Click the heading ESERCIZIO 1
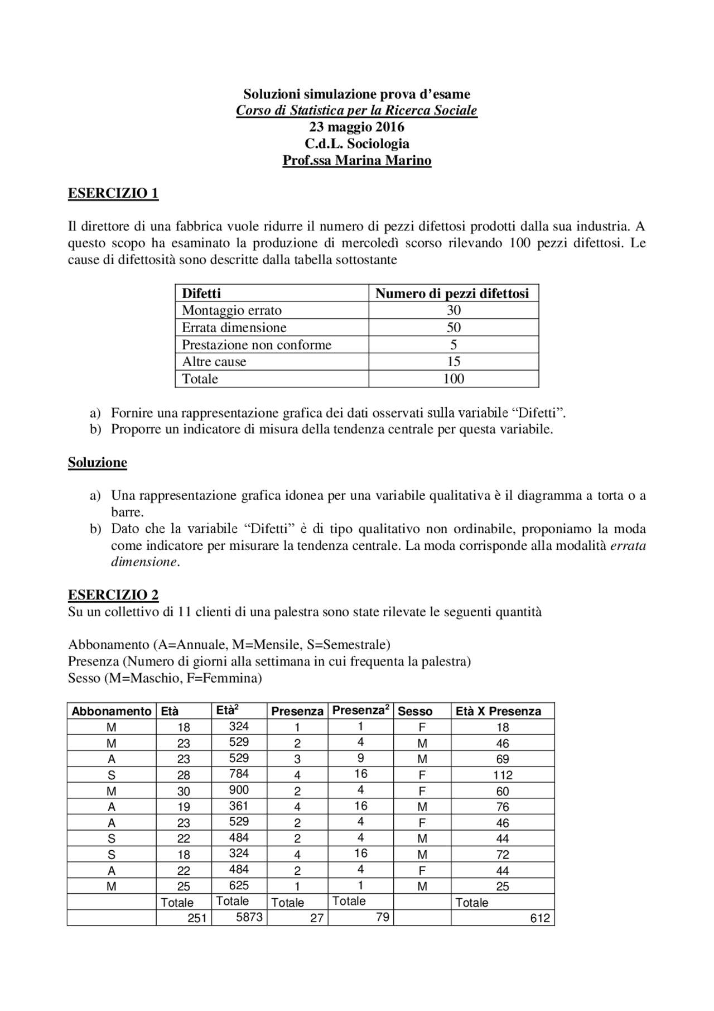113,193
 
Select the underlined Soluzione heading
98,462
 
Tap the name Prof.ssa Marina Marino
356,161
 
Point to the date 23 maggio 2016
356,127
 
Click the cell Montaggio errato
231,310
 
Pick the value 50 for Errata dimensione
454,327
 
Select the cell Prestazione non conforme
257,344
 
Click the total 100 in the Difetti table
454,379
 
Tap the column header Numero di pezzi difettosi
452,294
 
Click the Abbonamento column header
112,711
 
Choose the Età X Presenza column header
498,711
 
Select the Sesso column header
415,711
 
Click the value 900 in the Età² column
239,790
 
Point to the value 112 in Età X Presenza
503,775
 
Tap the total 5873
249,917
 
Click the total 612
540,918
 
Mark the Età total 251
197,918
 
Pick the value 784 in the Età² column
239,774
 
